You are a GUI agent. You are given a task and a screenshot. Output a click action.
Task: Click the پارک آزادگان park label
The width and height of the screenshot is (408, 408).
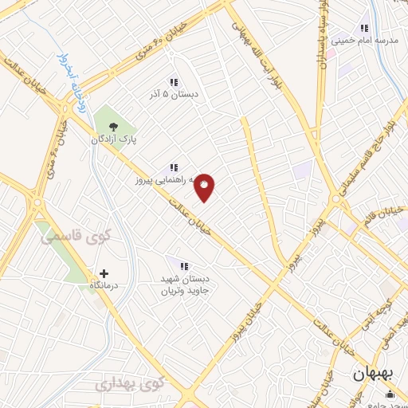pos(113,139)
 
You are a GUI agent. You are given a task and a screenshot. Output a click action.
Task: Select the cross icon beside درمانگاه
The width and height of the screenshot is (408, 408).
pos(104,273)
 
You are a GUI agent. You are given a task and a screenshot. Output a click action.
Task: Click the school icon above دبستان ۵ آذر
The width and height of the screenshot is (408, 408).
pos(173,82)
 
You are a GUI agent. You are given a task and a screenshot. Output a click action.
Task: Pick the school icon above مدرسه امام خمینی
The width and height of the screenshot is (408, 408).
pos(364,27)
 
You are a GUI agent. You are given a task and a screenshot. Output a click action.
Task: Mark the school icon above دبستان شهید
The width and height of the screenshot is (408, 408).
pos(184,266)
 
